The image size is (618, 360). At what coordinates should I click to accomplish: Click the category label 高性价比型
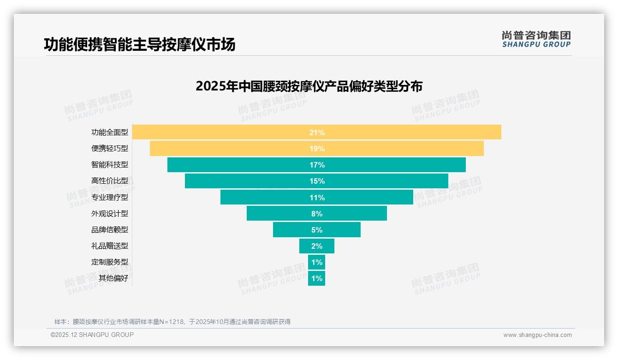pyautogui.click(x=110, y=181)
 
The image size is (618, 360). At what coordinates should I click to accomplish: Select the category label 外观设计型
pyautogui.click(x=110, y=214)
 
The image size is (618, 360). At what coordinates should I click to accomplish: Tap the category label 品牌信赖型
pyautogui.click(x=110, y=230)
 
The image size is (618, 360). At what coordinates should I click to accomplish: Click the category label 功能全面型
pyautogui.click(x=110, y=132)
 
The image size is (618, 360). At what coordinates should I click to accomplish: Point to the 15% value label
pyautogui.click(x=317, y=181)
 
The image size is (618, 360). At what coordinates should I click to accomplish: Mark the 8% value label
pyautogui.click(x=317, y=214)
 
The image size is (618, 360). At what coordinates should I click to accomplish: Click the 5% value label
pyautogui.click(x=317, y=230)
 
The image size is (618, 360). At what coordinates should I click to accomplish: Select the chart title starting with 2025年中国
pyautogui.click(x=309, y=86)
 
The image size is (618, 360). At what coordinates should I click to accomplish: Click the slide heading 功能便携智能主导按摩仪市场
pyautogui.click(x=140, y=44)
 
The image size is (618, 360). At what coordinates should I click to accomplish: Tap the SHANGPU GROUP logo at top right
pyautogui.click(x=536, y=39)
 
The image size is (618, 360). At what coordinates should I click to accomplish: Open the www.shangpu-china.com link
pyautogui.click(x=537, y=335)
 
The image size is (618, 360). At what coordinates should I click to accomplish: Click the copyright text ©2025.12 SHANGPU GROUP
pyautogui.click(x=92, y=335)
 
